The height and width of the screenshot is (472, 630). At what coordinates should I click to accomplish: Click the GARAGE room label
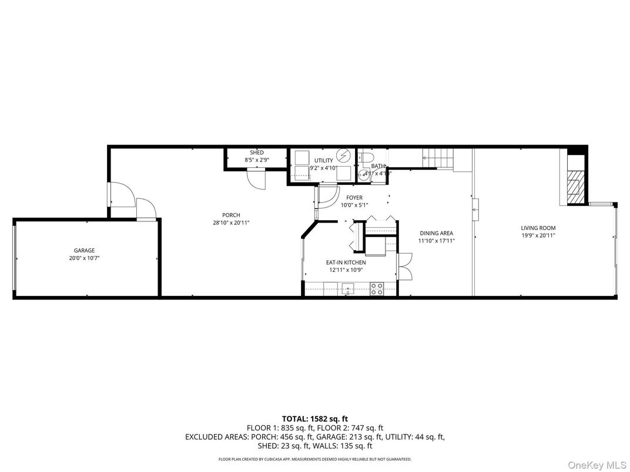tap(84, 250)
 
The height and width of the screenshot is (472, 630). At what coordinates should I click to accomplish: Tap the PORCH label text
tap(231, 215)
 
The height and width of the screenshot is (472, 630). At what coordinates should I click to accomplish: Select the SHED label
tap(257, 153)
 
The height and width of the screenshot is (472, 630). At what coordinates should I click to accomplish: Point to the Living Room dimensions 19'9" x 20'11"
tap(538, 235)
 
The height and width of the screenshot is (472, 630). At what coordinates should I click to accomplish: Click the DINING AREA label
tap(436, 233)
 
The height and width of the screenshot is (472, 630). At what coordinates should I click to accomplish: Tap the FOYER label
tap(354, 198)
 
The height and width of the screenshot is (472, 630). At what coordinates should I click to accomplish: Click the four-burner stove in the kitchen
tap(377, 289)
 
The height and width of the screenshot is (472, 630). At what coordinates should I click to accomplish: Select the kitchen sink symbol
tap(347, 289)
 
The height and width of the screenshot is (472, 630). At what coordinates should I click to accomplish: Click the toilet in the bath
tap(367, 158)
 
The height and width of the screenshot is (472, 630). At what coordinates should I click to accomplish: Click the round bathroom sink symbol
tap(368, 173)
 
